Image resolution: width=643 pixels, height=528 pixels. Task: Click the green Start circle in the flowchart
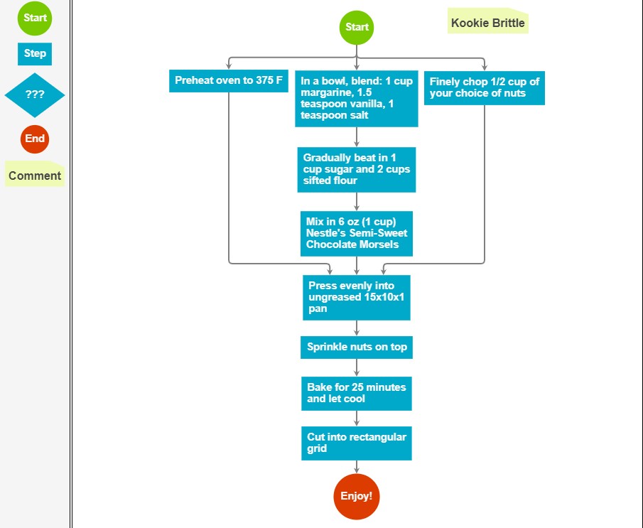point(357,28)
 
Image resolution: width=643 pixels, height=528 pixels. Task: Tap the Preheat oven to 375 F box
point(228,81)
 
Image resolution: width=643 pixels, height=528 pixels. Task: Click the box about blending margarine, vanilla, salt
point(357,99)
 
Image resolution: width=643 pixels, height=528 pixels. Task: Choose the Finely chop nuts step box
point(485,88)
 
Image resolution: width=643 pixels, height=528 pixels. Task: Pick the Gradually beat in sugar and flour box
point(357,169)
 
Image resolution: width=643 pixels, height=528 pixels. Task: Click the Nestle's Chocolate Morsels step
point(357,233)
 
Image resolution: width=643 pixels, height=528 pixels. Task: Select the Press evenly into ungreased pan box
point(357,298)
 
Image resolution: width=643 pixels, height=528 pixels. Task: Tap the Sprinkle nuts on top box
point(357,347)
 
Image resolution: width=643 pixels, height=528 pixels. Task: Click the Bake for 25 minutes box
point(357,394)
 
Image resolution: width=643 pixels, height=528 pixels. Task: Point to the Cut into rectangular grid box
point(357,443)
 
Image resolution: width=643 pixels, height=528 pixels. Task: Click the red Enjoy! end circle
point(357,497)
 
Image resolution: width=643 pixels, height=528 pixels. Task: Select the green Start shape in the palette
point(35,18)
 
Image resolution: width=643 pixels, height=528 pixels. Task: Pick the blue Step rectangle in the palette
point(35,54)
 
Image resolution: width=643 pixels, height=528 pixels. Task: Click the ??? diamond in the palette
point(35,95)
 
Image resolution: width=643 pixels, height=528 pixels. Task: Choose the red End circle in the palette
point(35,139)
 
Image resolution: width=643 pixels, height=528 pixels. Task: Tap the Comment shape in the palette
point(35,174)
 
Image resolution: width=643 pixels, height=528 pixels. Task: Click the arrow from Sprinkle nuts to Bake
point(357,368)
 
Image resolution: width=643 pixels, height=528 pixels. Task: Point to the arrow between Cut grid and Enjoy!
point(357,467)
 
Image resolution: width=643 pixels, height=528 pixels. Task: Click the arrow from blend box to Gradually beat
point(357,137)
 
